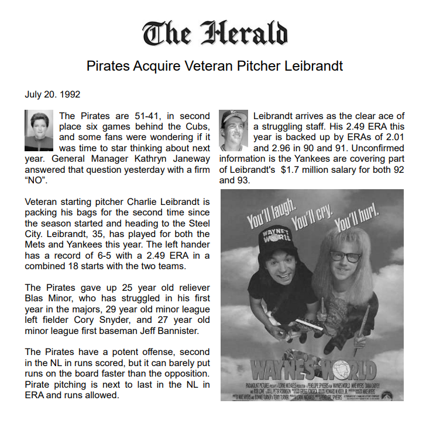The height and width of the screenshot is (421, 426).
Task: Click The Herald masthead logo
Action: (x=215, y=33)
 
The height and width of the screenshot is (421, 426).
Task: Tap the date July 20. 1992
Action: (x=53, y=94)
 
